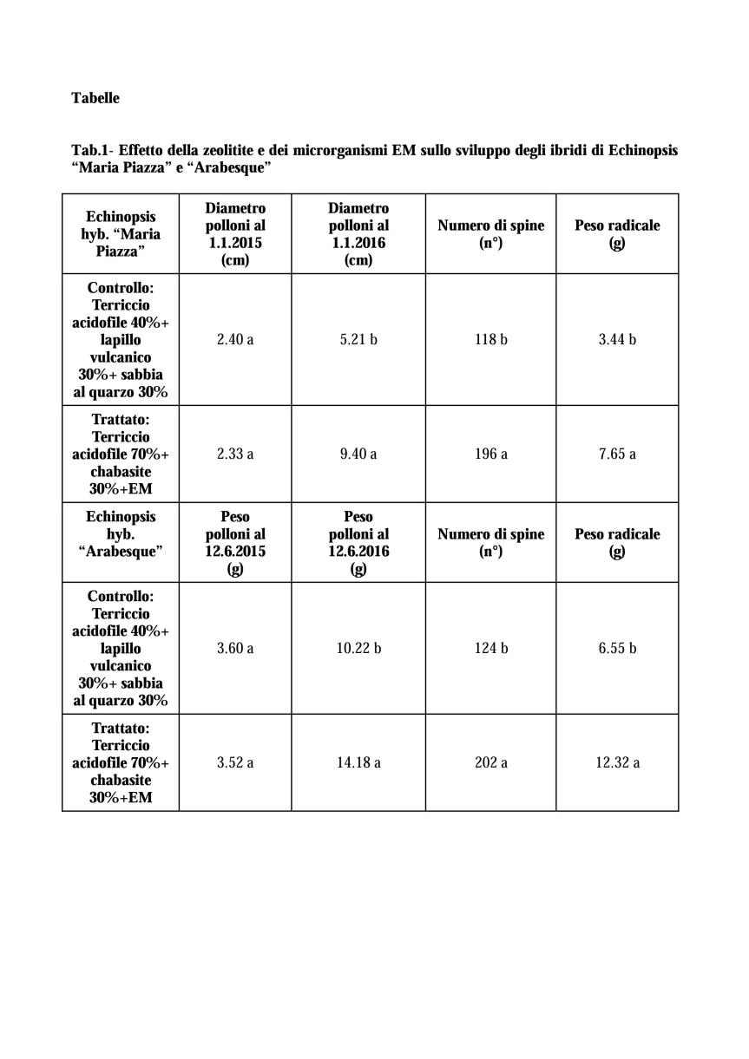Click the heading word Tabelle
point(95,98)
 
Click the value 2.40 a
point(235,339)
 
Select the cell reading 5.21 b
point(358,339)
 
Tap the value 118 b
point(490,339)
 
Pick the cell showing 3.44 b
point(617,339)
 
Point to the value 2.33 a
point(235,454)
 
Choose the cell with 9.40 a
point(358,454)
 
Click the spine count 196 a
point(490,454)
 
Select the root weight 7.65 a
point(617,454)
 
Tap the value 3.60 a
point(235,648)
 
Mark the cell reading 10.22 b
point(358,648)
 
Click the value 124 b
point(490,648)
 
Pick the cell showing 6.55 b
point(617,648)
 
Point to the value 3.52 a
point(235,762)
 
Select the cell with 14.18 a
point(358,762)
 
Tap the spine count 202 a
point(490,762)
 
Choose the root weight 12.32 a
point(617,762)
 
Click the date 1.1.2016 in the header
point(358,243)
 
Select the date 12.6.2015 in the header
point(235,552)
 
